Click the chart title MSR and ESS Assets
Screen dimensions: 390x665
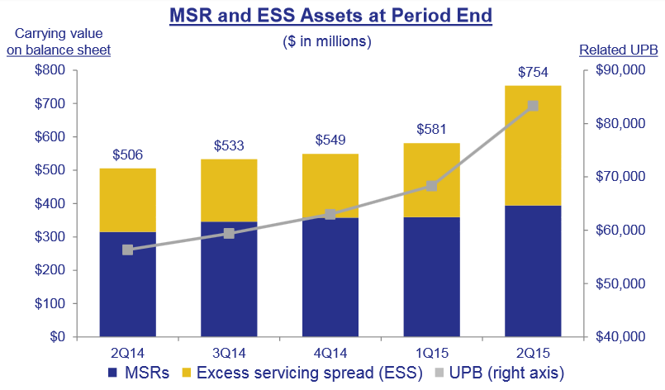tap(330, 15)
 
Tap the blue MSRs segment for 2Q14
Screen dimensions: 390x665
tap(128, 284)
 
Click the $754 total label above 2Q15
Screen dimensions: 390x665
tap(533, 73)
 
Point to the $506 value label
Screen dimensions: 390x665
tap(128, 155)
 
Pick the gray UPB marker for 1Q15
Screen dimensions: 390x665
tap(431, 186)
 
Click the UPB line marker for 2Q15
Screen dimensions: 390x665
tap(533, 106)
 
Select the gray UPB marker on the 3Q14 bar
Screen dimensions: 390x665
tap(229, 233)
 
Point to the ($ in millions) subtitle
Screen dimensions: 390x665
tap(330, 40)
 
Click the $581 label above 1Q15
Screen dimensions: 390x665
tap(431, 131)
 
